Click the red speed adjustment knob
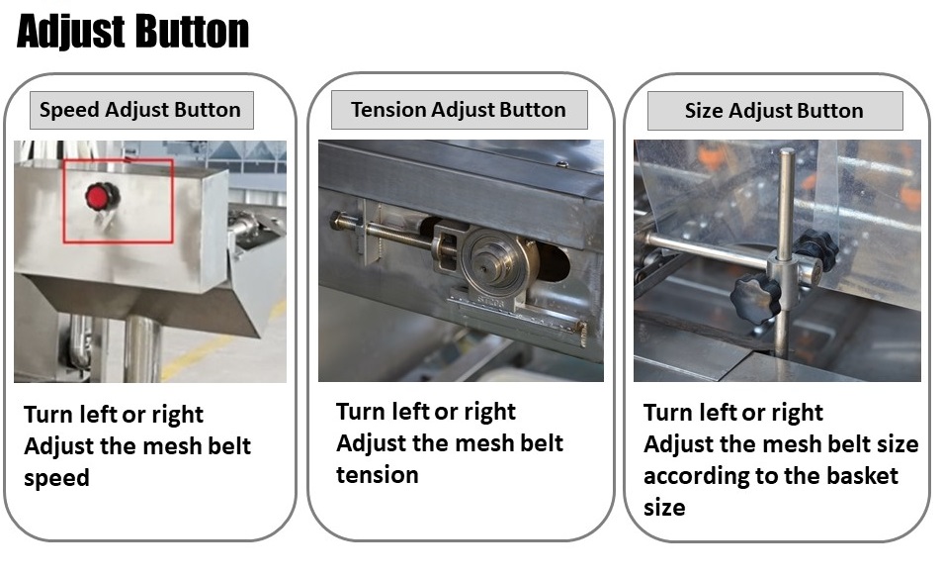point(102,196)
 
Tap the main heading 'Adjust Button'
point(132,31)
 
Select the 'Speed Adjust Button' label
point(141,110)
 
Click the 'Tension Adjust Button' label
point(459,110)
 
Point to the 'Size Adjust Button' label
point(774,111)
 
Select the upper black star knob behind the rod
point(814,249)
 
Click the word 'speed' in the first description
point(56,478)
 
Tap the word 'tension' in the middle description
point(378,475)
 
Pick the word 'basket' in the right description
point(862,476)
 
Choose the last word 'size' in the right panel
point(664,508)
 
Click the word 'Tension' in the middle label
point(388,110)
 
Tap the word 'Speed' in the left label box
point(69,111)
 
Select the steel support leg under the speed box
point(142,350)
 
